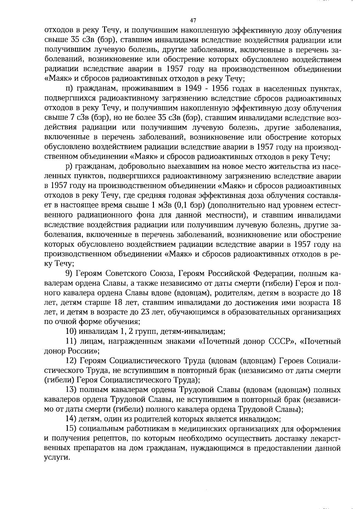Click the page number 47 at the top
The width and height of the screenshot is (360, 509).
click(193, 20)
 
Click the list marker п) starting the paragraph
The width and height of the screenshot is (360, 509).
click(69, 88)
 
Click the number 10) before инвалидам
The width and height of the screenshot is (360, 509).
click(71, 331)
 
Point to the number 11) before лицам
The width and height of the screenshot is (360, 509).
click(71, 341)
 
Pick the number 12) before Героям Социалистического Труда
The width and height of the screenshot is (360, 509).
click(71, 361)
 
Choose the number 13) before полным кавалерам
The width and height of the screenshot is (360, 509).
click(71, 390)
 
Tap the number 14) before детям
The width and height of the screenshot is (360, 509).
click(71, 419)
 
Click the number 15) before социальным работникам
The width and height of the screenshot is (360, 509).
click(71, 429)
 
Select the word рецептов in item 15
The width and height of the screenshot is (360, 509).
click(109, 438)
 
